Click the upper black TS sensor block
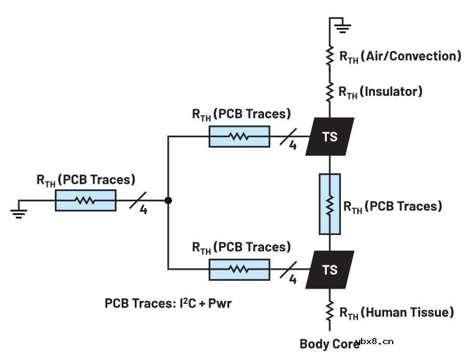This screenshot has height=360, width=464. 329,137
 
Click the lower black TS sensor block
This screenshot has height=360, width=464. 329,269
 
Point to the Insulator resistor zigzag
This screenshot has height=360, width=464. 329,92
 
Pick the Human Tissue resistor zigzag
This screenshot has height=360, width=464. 329,312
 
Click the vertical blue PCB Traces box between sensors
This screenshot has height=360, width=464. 329,204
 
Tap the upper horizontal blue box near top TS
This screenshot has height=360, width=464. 239,137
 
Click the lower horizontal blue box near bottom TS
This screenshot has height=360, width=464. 239,269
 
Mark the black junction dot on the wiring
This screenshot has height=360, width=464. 168,200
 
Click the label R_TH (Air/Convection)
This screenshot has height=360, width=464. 399,57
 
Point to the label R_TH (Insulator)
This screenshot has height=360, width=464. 380,92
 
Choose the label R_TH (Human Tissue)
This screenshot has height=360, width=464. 396,313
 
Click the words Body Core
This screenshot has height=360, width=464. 329,344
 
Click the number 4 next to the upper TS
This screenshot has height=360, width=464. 293,147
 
